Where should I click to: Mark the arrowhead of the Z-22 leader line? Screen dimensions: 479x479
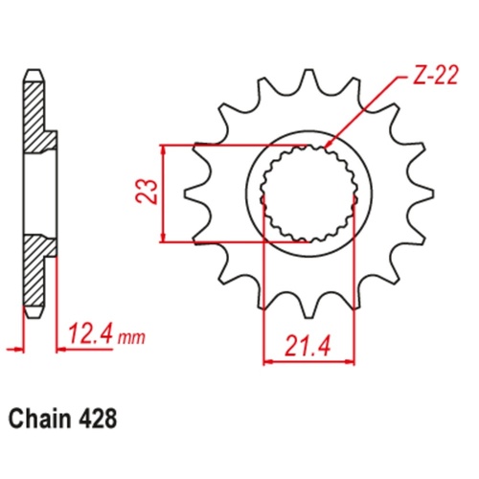327,146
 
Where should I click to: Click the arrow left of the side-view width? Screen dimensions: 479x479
13,347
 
